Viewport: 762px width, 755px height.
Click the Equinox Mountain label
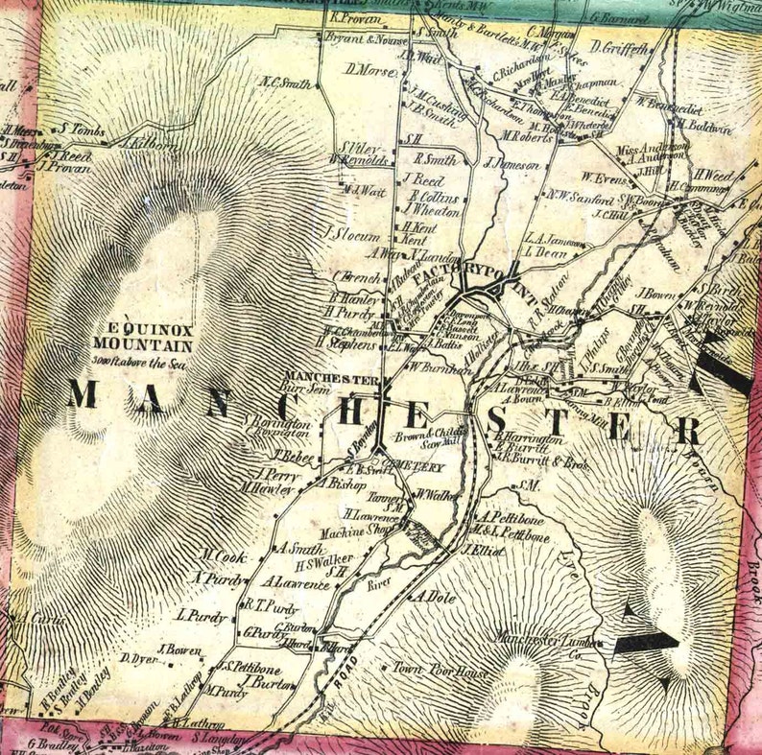143,333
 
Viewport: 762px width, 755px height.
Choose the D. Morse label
365,70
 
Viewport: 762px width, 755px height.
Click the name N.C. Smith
285,83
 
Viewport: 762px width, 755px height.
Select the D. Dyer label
138,658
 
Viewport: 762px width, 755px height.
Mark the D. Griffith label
619,46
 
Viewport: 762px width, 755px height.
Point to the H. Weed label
713,175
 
